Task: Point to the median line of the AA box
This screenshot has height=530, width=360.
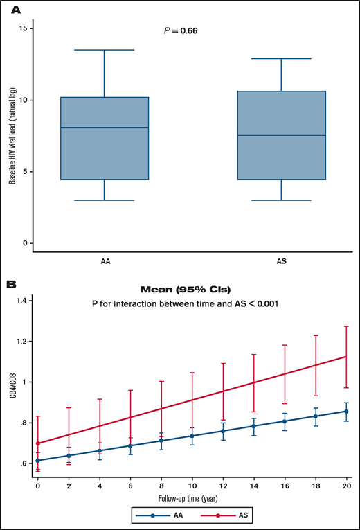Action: coord(104,128)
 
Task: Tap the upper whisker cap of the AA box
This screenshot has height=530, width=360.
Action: coord(104,50)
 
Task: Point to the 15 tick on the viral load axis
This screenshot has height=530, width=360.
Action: coord(26,28)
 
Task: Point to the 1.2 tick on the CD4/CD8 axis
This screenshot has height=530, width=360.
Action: coord(25,342)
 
